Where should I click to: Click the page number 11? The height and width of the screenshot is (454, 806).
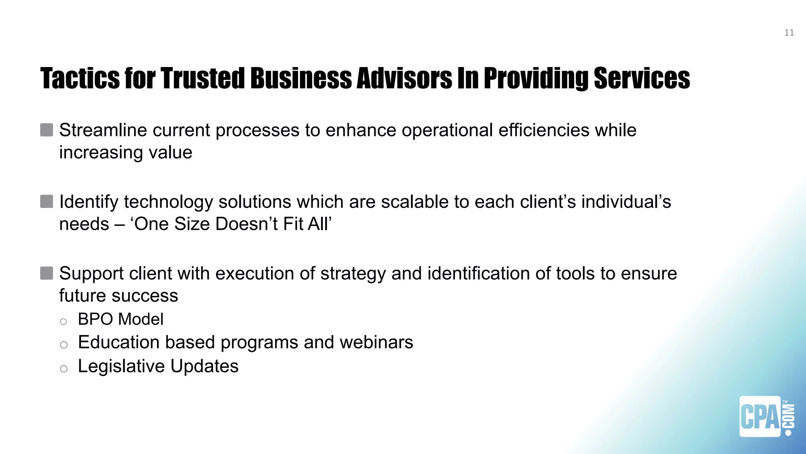coord(789,33)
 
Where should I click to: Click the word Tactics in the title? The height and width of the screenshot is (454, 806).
coord(79,78)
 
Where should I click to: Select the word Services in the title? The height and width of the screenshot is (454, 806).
coord(641,78)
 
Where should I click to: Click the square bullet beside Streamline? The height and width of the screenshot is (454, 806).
coord(46,130)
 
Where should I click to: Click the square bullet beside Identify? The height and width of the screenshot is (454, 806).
coord(46,201)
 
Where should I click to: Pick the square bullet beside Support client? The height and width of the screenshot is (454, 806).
coord(46,273)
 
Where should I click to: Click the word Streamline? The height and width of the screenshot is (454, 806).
coord(103,130)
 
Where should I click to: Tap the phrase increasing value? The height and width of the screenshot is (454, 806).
coord(126,153)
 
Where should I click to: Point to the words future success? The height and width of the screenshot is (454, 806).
coord(118,296)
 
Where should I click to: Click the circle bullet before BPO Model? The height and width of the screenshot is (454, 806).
coord(63,322)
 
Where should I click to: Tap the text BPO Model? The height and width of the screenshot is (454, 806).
coord(120,319)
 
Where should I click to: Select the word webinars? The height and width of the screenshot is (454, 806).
coord(376,342)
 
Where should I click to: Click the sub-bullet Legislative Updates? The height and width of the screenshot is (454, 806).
coord(158,366)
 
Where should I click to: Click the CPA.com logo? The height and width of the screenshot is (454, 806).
coord(766,417)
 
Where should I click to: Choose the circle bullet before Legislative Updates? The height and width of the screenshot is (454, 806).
coord(64,369)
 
